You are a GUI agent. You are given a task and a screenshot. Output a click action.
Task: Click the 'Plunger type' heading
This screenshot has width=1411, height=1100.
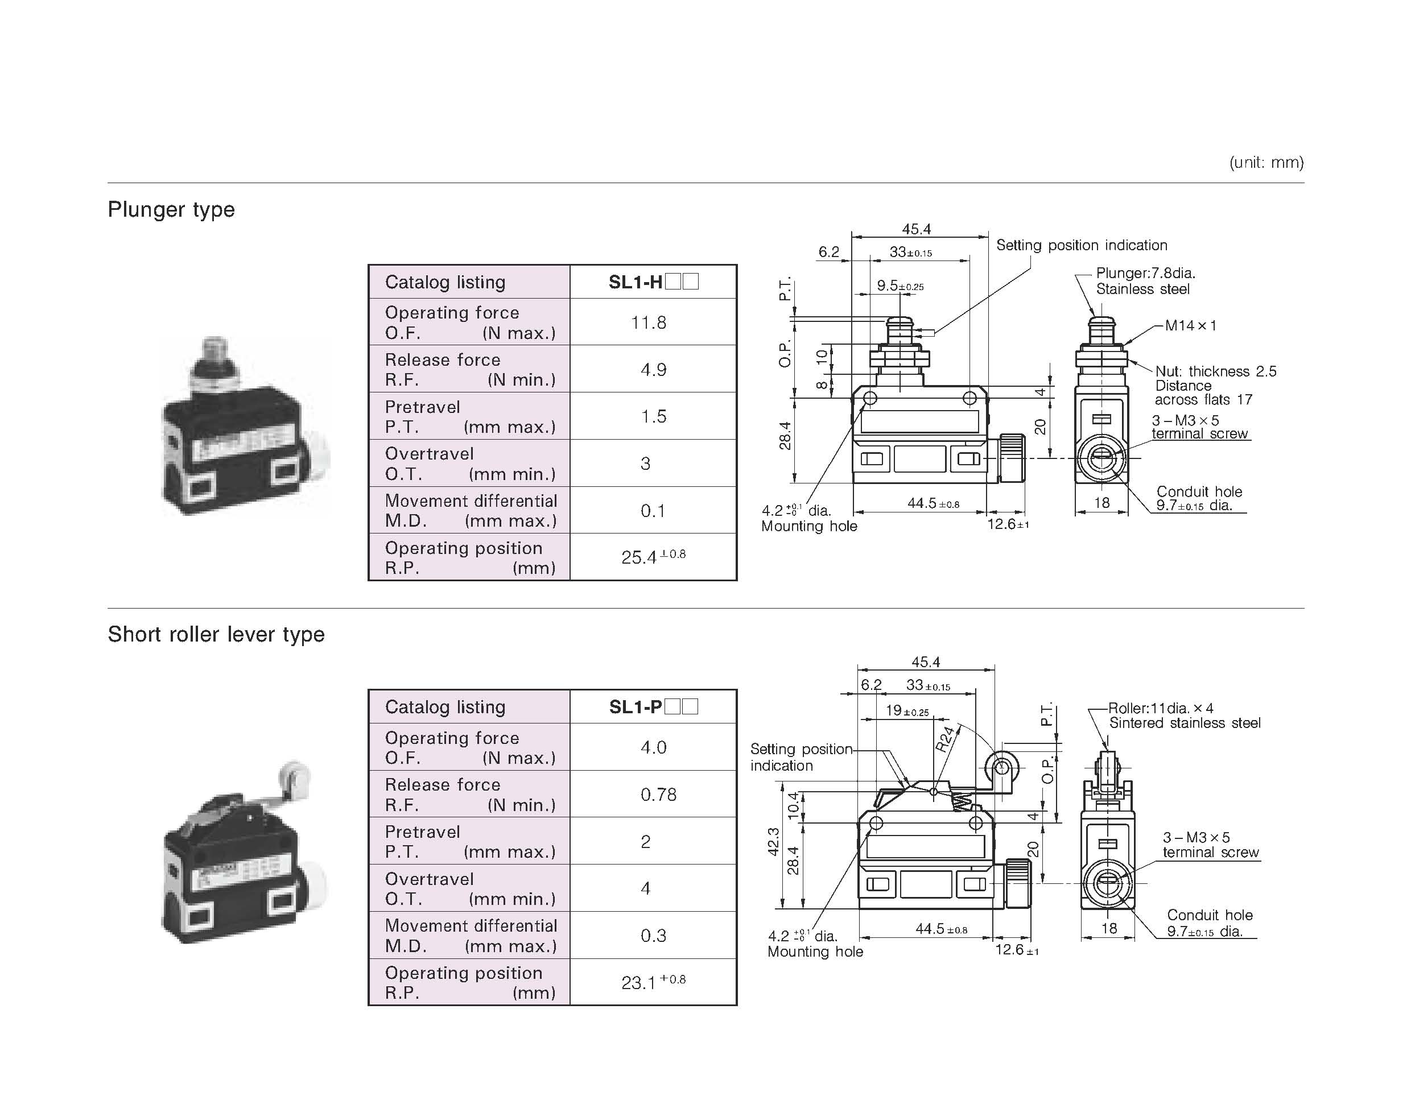[171, 210]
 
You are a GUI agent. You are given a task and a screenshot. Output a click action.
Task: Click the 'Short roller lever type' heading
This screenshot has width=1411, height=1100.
[216, 635]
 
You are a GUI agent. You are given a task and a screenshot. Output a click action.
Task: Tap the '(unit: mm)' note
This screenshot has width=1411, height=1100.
[1266, 162]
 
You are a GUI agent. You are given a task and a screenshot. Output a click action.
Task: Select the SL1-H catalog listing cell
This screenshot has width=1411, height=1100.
[653, 282]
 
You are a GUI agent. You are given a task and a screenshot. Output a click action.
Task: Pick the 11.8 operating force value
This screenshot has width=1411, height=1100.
[649, 322]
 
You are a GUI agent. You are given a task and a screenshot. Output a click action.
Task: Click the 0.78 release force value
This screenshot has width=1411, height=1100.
[658, 795]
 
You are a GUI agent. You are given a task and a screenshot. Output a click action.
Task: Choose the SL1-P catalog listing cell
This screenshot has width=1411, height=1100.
[653, 706]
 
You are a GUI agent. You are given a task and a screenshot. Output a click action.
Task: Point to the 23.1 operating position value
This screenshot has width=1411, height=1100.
[653, 982]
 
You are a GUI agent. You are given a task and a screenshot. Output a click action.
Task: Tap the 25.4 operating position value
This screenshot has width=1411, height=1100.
[653, 557]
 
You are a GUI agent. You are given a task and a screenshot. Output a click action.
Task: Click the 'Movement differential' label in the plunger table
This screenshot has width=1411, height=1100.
[471, 501]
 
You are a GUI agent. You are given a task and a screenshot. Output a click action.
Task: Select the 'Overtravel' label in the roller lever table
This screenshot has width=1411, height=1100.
[429, 879]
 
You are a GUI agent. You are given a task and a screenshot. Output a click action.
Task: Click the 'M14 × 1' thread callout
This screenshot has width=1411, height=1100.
[1190, 325]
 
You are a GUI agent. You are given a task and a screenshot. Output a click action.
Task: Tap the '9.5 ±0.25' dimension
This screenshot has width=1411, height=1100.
[900, 286]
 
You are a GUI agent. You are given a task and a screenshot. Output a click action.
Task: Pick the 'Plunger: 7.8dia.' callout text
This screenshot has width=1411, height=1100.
[1145, 273]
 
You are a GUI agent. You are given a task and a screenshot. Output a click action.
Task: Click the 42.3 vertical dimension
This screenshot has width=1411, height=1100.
[773, 842]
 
